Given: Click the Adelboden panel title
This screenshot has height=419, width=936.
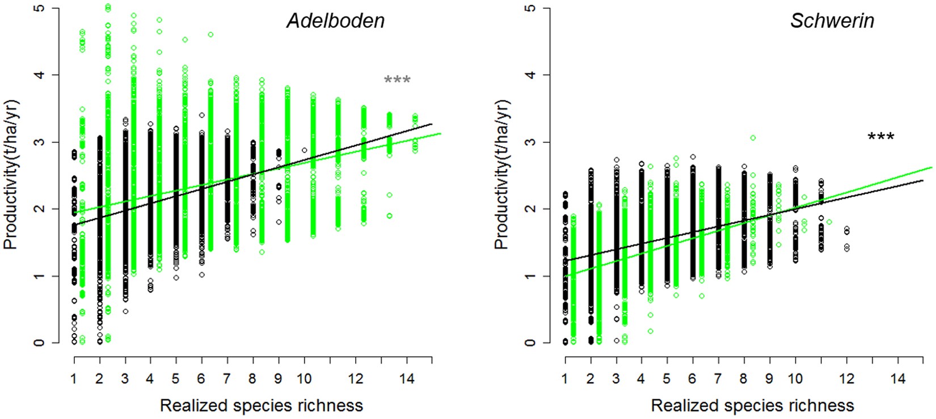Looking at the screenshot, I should [335, 22].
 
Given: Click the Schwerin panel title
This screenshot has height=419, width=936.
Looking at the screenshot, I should [832, 22].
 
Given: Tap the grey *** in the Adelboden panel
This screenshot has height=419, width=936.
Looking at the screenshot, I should [397, 81].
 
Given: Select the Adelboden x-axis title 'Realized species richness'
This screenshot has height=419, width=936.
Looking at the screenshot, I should [261, 405].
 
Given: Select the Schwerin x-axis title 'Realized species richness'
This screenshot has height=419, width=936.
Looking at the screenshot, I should [752, 405].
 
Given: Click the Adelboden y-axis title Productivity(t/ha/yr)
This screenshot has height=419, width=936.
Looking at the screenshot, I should [11, 175].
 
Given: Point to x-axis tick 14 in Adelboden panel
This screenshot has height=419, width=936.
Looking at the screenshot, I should [407, 379].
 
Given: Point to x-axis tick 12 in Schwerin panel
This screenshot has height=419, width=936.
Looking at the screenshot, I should [846, 379].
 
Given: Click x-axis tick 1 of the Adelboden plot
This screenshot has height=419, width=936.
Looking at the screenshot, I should [74, 379].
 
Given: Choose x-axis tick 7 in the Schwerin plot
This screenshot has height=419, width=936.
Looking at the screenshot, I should [718, 379].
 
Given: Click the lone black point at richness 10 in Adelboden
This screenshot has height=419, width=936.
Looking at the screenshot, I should [305, 150].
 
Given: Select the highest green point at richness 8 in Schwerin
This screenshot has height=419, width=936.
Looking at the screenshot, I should [753, 138].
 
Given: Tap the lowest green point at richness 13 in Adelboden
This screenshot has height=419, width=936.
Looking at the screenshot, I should [389, 215].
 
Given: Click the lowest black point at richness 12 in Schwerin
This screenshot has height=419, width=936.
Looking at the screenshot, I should [847, 248].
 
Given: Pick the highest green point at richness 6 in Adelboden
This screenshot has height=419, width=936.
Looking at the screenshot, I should [210, 35].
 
